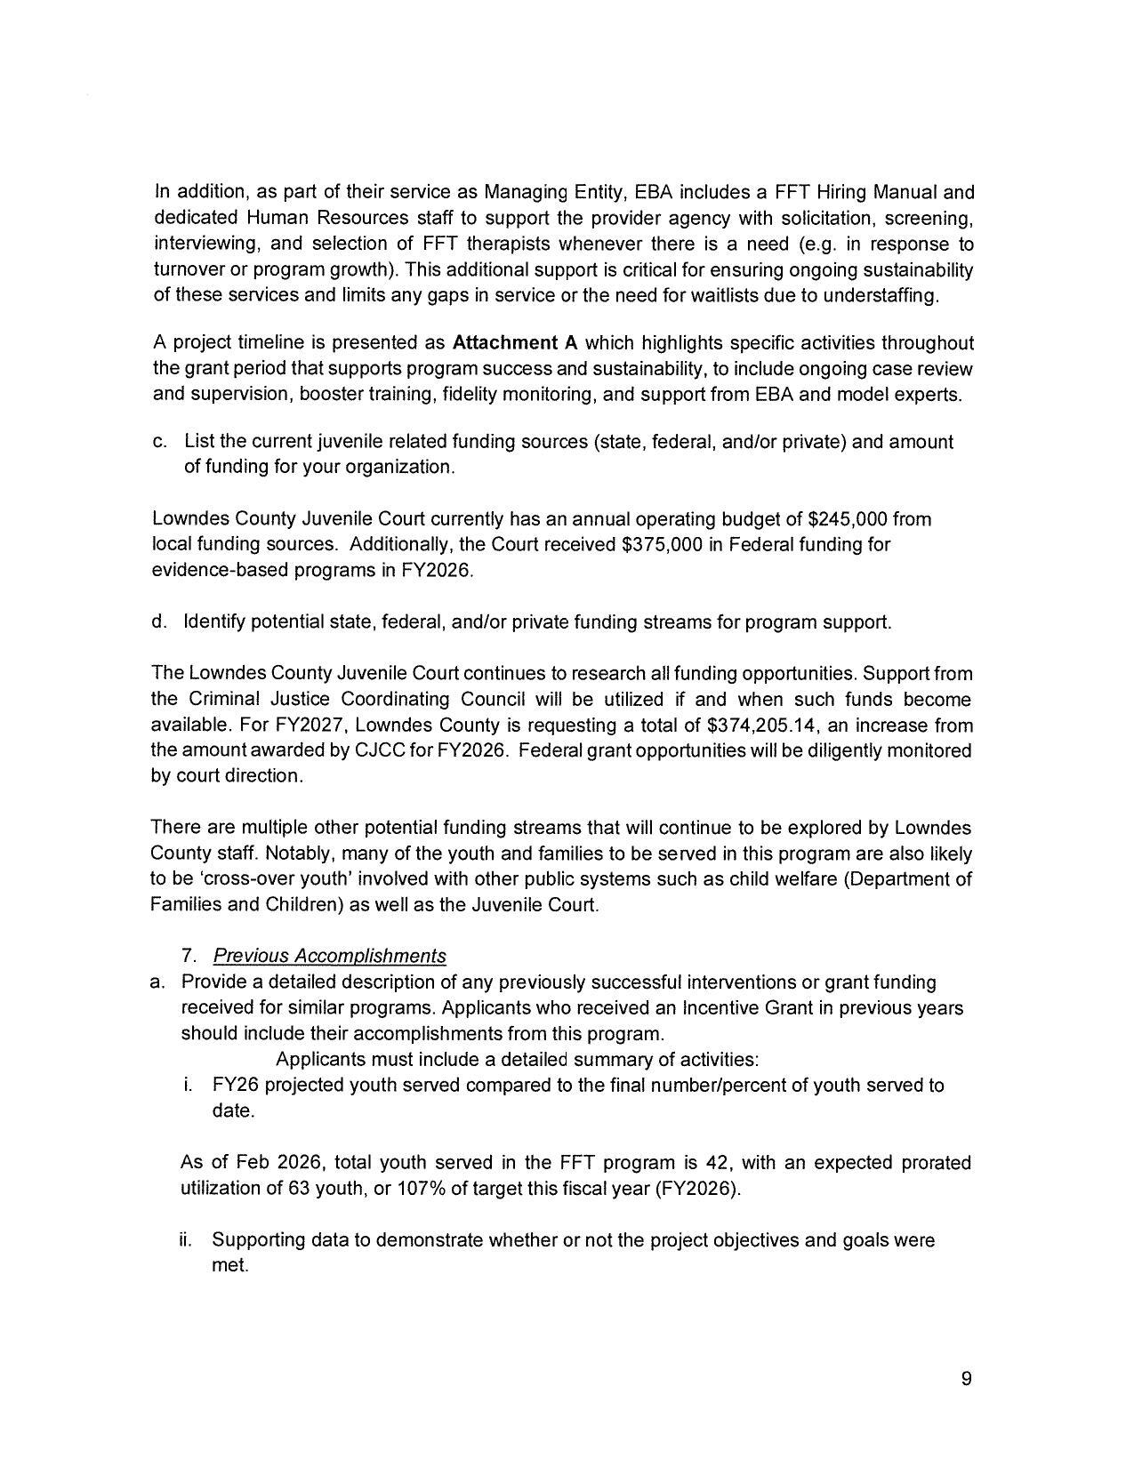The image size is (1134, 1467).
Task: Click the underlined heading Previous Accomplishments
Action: click(330, 956)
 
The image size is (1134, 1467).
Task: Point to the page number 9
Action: click(966, 1379)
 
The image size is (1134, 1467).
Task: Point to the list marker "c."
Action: click(160, 442)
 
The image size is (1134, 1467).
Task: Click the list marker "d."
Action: click(160, 621)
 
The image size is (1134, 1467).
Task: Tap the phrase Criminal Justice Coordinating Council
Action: click(358, 700)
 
